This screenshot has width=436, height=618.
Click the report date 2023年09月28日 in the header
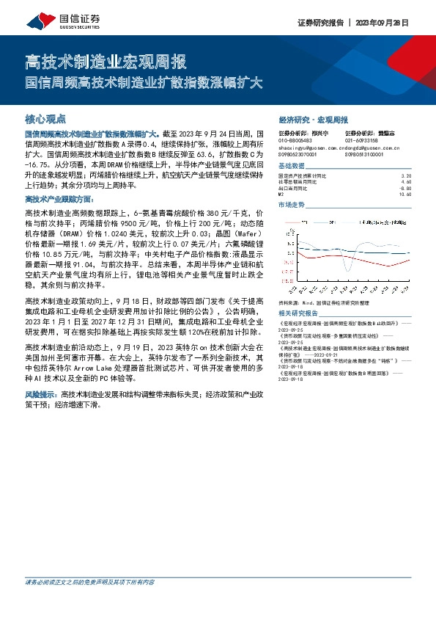click(384, 23)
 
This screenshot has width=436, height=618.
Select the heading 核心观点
click(45, 118)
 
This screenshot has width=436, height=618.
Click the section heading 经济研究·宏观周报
click(313, 119)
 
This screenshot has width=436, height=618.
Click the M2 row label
click(283, 194)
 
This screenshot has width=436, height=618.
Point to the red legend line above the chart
click(292, 220)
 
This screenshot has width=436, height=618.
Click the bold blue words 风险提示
click(41, 395)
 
